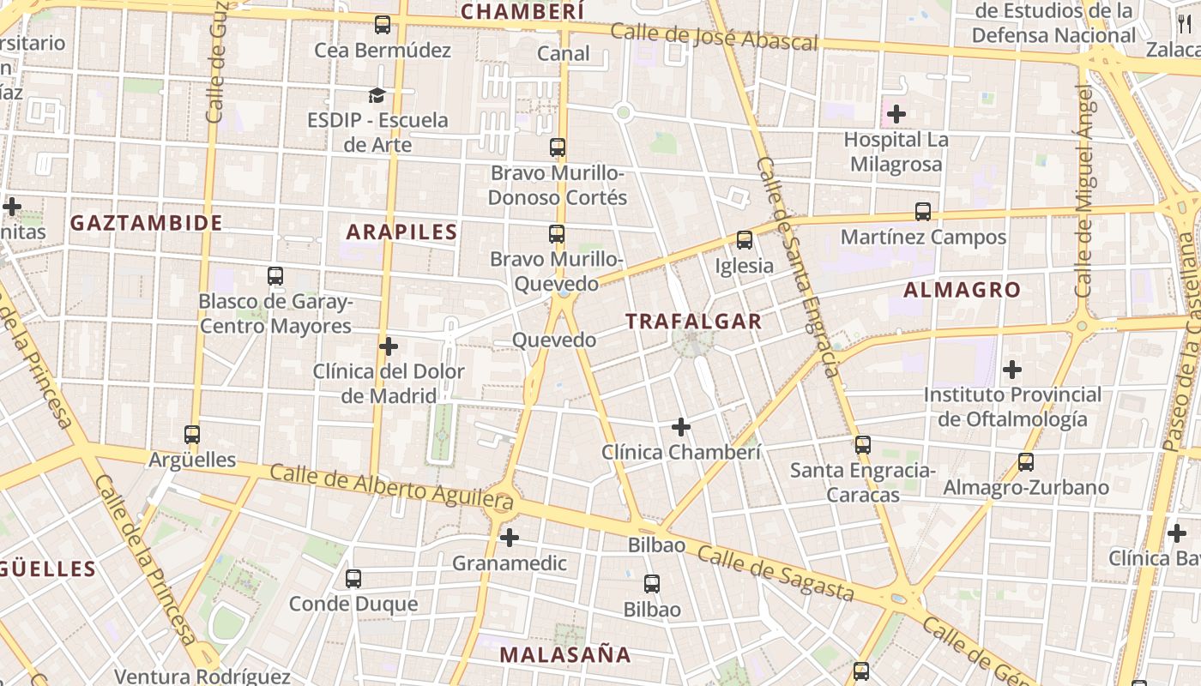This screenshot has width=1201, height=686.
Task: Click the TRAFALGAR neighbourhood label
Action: [693, 322]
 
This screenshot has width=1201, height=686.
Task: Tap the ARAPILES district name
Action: [401, 232]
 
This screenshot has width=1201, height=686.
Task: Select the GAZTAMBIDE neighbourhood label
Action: [146, 223]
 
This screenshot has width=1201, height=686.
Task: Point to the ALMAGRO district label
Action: [962, 290]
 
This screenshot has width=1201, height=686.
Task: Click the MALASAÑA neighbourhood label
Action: [565, 654]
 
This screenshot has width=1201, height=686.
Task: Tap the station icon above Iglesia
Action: [744, 240]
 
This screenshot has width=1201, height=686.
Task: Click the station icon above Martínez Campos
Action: [923, 211]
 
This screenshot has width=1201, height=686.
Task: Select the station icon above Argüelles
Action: [192, 435]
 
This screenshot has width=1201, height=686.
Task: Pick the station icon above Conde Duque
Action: [353, 578]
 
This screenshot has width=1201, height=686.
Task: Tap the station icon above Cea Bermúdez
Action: [383, 25]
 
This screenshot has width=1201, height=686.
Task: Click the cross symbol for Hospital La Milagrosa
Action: [896, 113]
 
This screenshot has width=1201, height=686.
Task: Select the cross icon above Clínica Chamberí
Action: [681, 426]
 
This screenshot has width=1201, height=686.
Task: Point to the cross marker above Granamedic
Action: [510, 538]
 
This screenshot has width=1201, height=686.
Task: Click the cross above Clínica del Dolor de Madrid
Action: [389, 346]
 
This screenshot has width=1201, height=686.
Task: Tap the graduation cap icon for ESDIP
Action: [377, 94]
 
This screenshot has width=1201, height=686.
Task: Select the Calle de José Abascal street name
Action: [714, 37]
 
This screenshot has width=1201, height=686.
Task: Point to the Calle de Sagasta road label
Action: [776, 573]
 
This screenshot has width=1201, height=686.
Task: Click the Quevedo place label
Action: [554, 340]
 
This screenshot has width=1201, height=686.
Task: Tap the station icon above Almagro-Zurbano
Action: [1026, 462]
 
